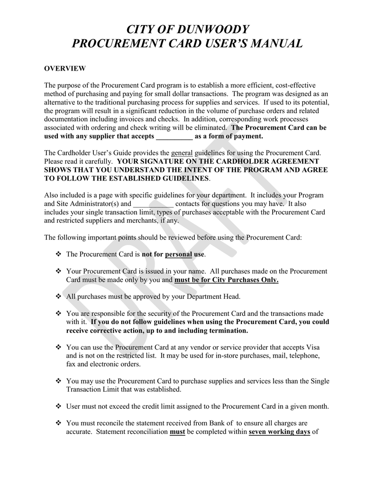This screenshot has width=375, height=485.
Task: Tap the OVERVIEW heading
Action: coord(64,69)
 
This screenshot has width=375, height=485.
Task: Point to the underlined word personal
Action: coord(178,254)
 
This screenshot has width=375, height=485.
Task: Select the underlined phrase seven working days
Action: coord(279,432)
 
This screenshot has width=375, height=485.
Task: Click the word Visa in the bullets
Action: coord(311,347)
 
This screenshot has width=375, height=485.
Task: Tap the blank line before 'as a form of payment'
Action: coord(174,136)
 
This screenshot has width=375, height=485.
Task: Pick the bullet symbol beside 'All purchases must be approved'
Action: coord(59,296)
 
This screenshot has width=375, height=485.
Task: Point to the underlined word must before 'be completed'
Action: coord(177,432)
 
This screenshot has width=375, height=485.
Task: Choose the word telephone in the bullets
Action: coord(305,355)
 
